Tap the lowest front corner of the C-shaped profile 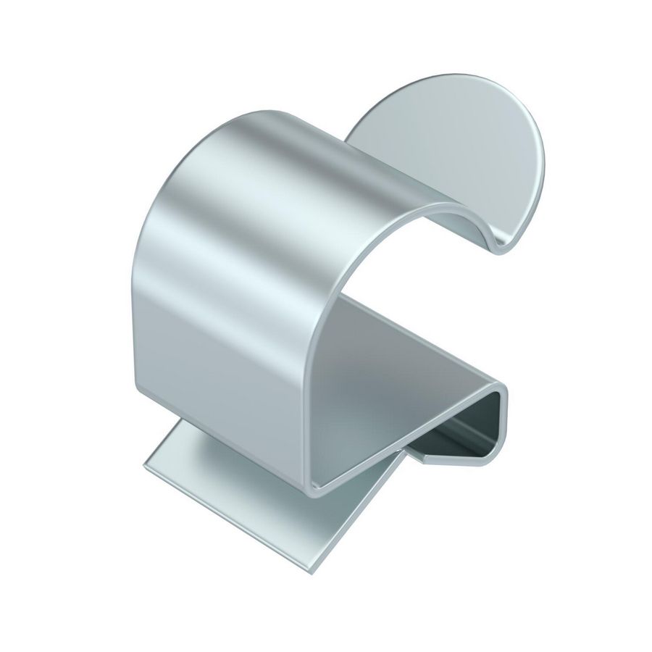[x=313, y=493]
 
